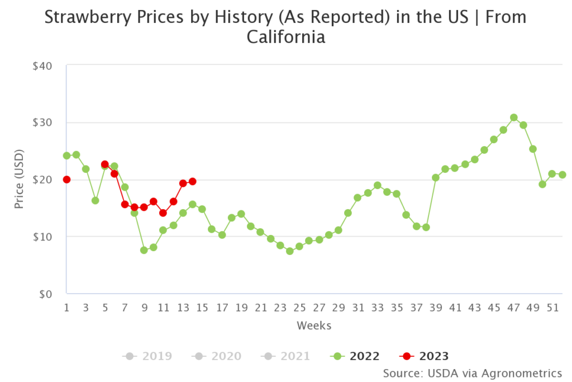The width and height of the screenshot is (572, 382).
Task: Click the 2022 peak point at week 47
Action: pos(513,118)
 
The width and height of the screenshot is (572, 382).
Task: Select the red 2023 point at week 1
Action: pos(66,180)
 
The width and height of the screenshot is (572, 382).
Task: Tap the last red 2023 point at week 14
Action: pos(192,181)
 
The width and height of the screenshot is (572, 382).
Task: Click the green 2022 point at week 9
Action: pos(144,250)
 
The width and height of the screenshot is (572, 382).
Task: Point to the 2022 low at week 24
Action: pos(289,251)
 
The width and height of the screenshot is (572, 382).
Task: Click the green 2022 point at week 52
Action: pos(562,175)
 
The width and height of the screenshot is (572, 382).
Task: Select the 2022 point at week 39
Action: pos(436,177)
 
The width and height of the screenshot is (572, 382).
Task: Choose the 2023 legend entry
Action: pos(425,356)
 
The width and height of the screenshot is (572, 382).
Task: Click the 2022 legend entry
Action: pos(355,356)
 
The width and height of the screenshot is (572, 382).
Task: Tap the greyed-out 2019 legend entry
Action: pos(148,356)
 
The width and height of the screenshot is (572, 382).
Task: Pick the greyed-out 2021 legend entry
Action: pos(285,356)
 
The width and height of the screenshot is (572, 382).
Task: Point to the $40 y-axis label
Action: pos(42,65)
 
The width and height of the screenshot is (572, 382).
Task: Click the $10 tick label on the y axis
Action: pos(42,237)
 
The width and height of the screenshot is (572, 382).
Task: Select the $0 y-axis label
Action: pos(45,294)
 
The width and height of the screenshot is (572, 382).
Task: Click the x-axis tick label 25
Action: pos(299,308)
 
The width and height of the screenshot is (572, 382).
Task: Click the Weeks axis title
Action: pos(314,326)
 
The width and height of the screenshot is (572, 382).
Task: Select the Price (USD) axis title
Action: pos(20,179)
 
